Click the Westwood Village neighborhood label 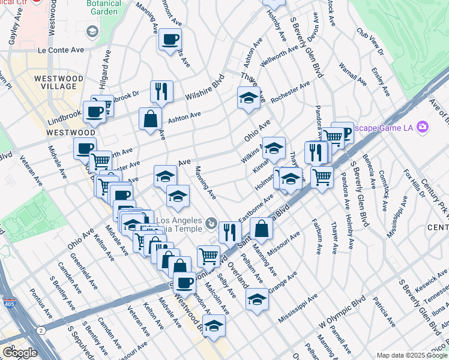point(56,82)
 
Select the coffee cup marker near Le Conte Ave point(170,40)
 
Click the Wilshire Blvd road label point(203,88)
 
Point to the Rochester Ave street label point(290,92)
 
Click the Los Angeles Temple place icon point(211,224)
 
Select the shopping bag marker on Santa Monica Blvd point(262,229)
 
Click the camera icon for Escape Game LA point(423,127)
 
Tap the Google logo point(20,353)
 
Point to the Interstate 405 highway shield point(8,303)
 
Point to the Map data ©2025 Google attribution point(411,355)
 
